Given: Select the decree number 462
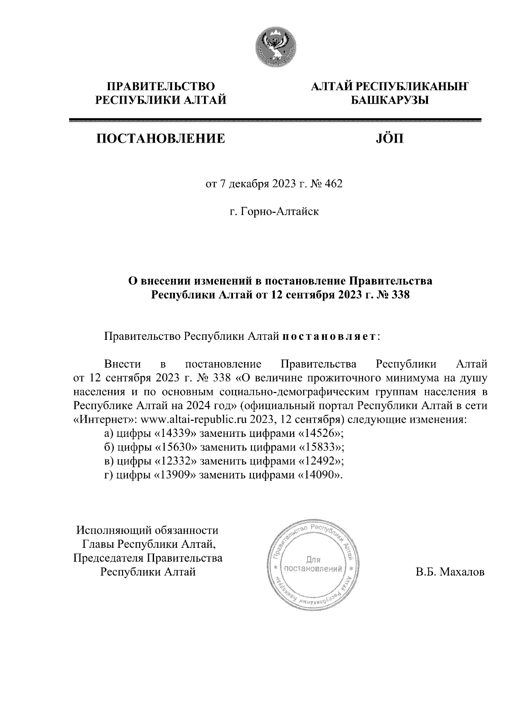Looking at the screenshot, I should pos(334,184).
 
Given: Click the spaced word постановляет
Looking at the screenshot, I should pos(329,337).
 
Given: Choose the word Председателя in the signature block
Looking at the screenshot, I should pos(109,558).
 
